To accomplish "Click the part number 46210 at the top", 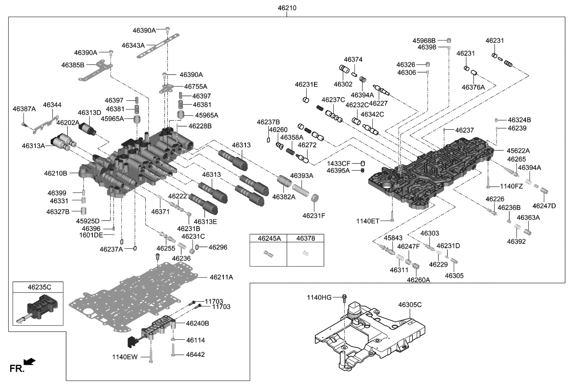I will [287, 8].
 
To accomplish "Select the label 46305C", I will [410, 305].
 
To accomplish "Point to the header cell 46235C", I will [39, 286].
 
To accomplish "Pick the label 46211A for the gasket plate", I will [221, 277].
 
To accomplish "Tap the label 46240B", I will [198, 324].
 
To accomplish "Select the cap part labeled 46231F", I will [315, 199].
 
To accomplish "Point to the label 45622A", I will [518, 151].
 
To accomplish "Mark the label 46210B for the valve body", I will [56, 174].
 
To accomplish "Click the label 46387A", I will [24, 109].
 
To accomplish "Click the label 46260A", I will [418, 279].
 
